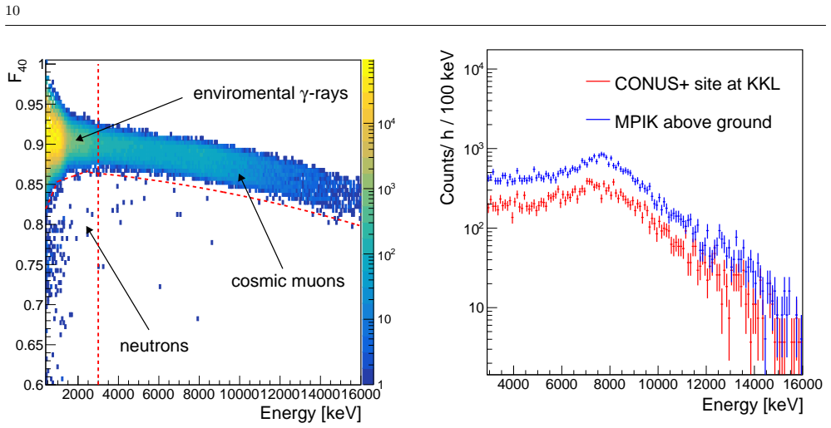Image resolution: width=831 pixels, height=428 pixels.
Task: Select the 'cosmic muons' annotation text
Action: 288,280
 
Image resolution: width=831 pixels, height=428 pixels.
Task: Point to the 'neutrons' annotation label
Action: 154,347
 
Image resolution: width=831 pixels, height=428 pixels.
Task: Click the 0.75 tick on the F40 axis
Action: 28,265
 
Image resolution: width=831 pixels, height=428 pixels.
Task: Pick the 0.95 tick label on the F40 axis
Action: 28,105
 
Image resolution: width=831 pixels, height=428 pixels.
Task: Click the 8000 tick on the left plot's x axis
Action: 198,395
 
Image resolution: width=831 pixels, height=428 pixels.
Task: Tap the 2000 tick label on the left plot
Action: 78,395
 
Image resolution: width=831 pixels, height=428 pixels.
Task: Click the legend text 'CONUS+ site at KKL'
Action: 697,84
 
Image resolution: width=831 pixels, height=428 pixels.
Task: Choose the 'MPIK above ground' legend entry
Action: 693,122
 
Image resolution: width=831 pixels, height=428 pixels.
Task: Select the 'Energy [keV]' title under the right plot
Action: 752,405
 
